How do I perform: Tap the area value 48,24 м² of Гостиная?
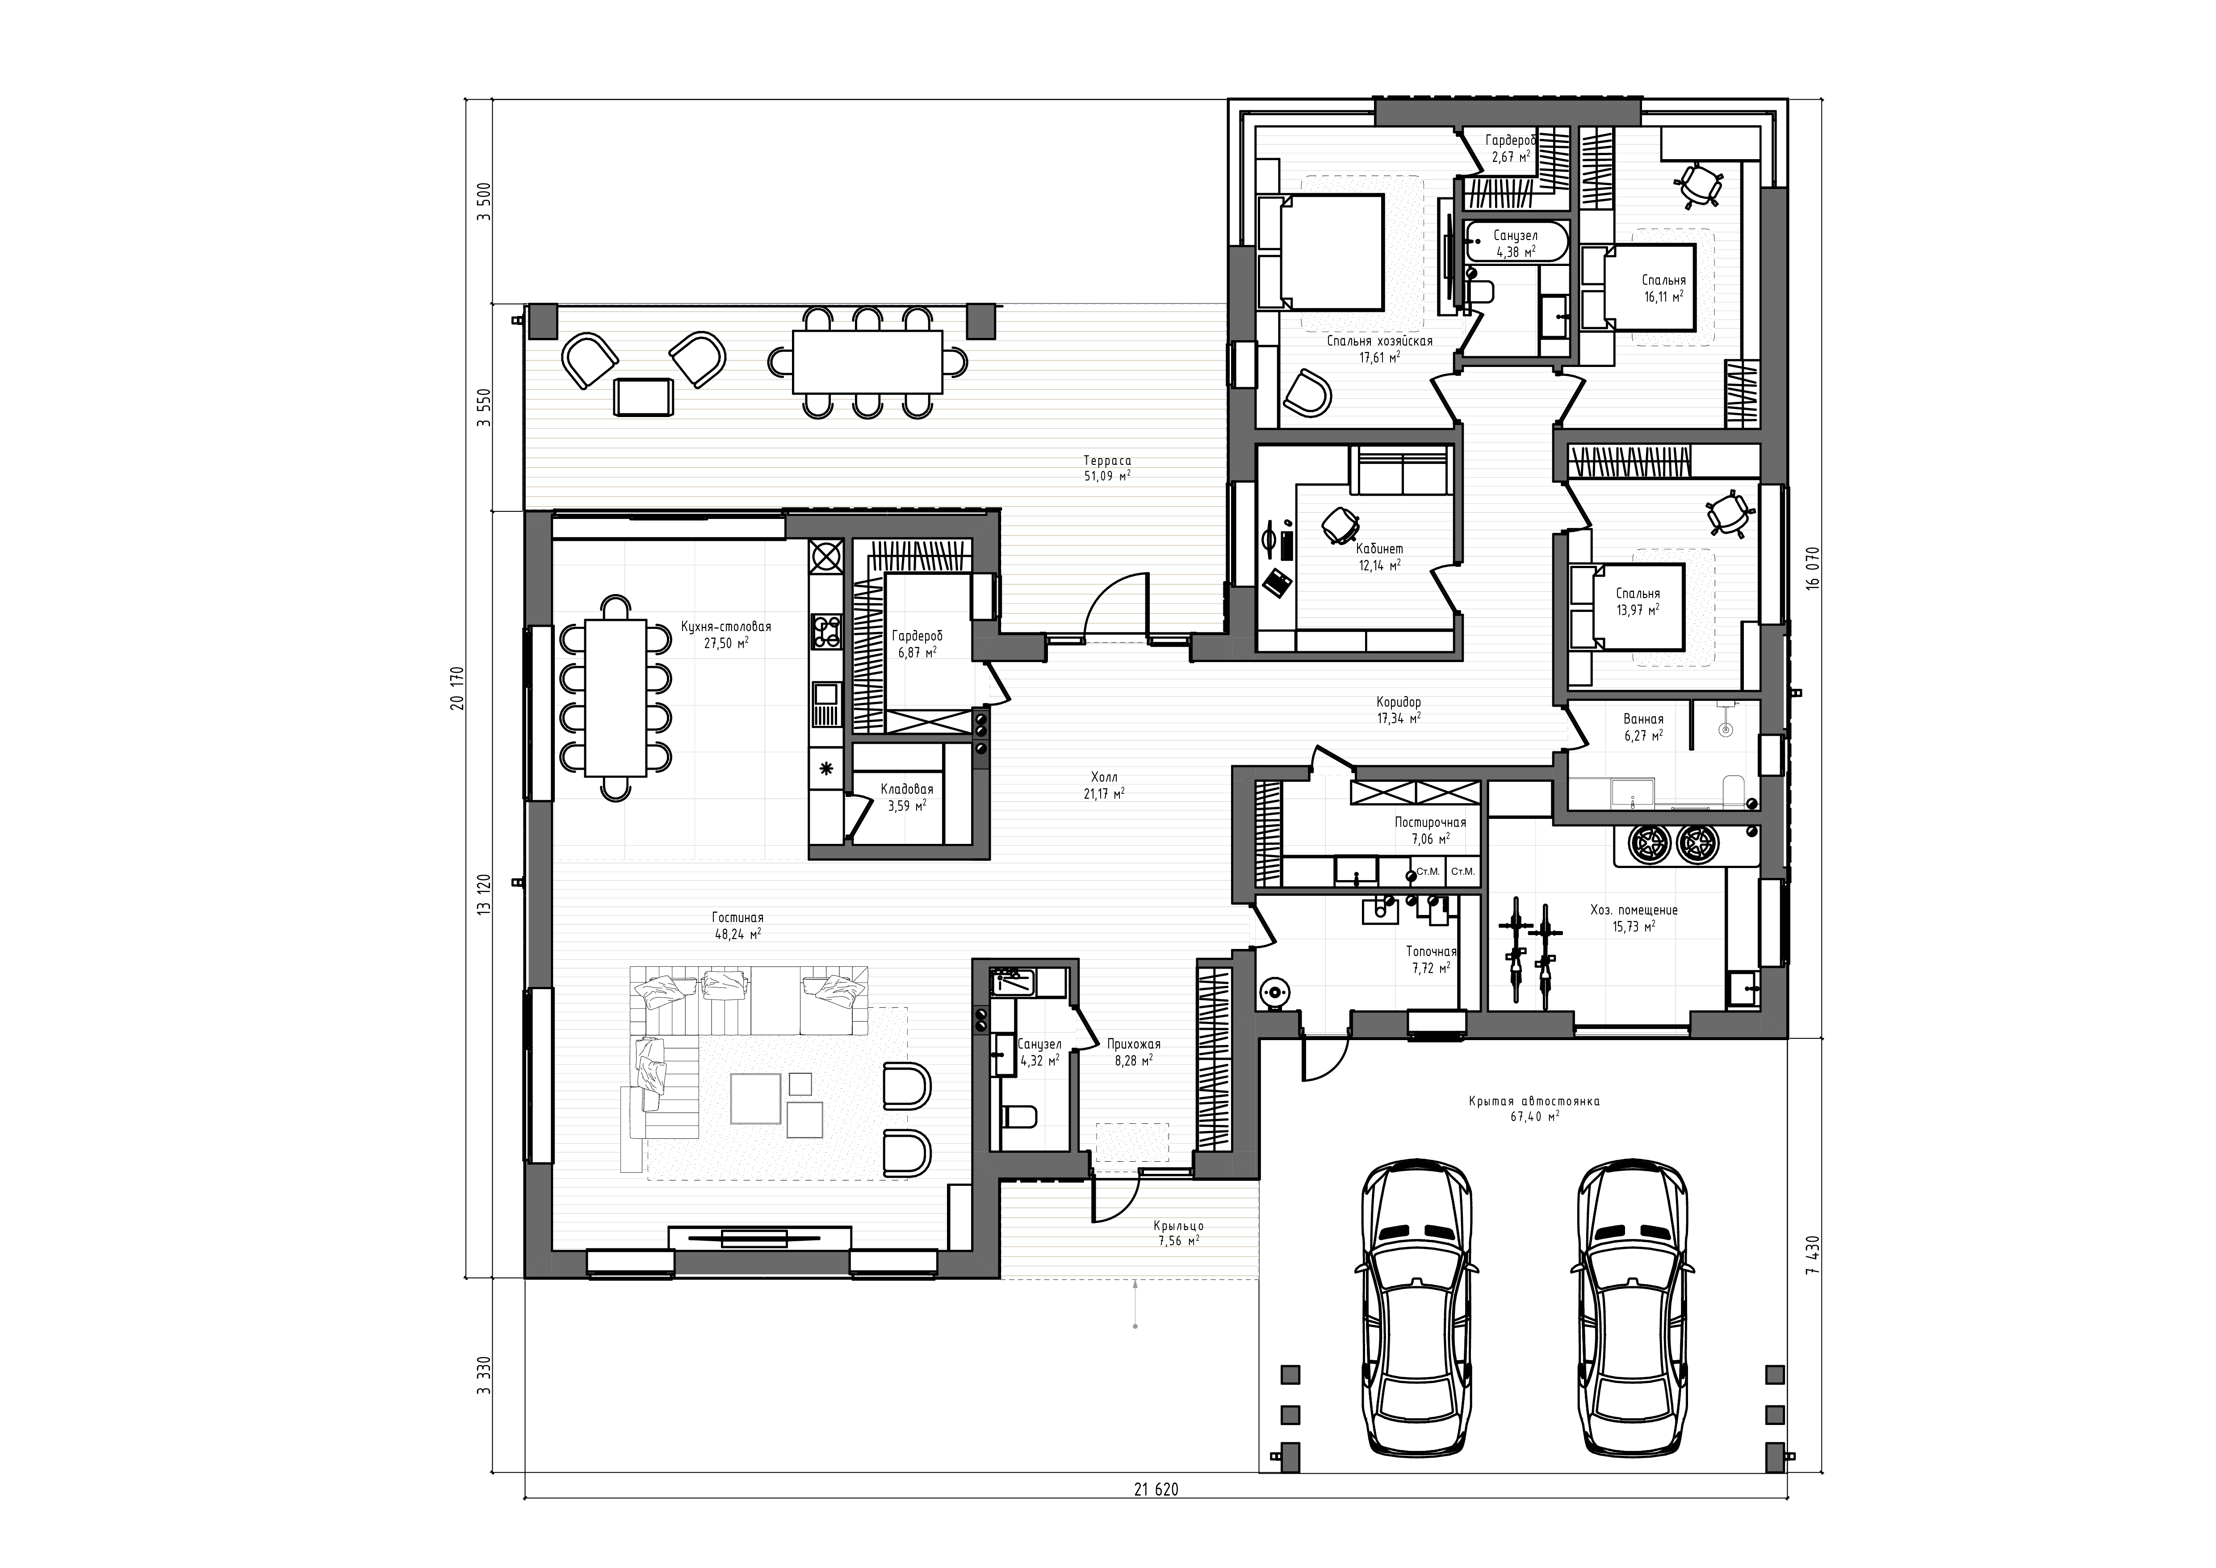(x=738, y=934)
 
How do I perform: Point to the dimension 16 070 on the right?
(x=1813, y=569)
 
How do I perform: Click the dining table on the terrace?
(x=867, y=362)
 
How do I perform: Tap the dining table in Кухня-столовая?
(x=615, y=697)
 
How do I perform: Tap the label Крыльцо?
(x=1178, y=1226)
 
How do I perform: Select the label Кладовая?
(x=906, y=789)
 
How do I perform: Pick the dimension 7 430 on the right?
(x=1813, y=1255)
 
